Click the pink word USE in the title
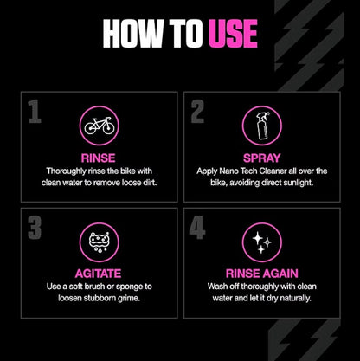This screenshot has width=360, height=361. pyautogui.click(x=231, y=33)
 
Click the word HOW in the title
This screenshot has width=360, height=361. pyautogui.click(x=132, y=33)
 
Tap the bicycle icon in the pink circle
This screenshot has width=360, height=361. pyautogui.click(x=100, y=126)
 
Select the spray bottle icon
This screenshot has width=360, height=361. pyautogui.click(x=260, y=126)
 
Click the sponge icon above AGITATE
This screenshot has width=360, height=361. pyautogui.click(x=100, y=242)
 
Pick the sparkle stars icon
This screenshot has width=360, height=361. pyautogui.click(x=260, y=242)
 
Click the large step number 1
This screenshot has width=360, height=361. pyautogui.click(x=34, y=113)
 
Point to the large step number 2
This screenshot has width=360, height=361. pyautogui.click(x=197, y=113)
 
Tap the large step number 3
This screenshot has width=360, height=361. pyautogui.click(x=34, y=228)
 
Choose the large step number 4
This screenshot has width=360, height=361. pyautogui.click(x=197, y=228)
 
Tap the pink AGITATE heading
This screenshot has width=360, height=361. pyautogui.click(x=100, y=272)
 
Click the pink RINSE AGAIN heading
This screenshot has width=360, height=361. pyautogui.click(x=260, y=272)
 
